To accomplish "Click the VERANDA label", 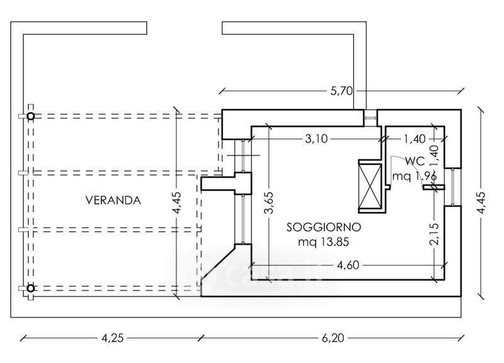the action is tap(113, 200).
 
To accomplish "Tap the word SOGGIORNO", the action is tap(324, 227).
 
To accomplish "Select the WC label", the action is tap(415, 161).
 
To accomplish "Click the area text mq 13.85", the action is tap(323, 242).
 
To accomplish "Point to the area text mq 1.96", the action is tap(415, 176).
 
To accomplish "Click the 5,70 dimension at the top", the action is tap(341, 91).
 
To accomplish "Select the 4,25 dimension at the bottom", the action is tap(113, 338).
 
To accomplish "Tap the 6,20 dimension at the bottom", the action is tap(333, 338).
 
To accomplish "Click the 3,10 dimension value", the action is tap(316, 139).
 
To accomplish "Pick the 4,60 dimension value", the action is tap(348, 265).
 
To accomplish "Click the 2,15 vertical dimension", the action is tap(434, 234).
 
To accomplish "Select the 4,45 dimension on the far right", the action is tap(481, 203).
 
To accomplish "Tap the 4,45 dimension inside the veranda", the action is tap(176, 203).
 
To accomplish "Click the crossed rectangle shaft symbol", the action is tap(370, 186).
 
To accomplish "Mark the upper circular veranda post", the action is tap(30, 116).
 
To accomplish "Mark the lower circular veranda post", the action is tap(30, 288).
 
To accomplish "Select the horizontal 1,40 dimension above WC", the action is tap(415, 139).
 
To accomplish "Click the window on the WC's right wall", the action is tap(452, 187).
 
